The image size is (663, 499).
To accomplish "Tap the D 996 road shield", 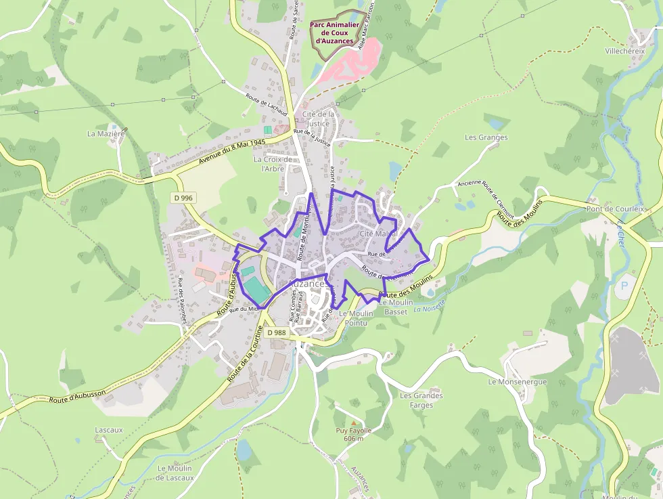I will (x=182, y=198).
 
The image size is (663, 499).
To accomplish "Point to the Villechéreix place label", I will (x=625, y=51).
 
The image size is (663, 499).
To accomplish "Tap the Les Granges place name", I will (x=486, y=137).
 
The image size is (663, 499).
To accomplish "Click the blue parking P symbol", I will (x=623, y=286).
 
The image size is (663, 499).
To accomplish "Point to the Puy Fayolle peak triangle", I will (x=352, y=423).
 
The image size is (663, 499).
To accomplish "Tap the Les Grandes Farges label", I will (x=421, y=400).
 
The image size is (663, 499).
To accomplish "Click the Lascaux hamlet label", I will (x=109, y=430).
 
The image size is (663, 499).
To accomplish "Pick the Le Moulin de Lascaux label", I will (x=174, y=473).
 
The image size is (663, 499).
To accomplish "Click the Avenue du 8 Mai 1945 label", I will (x=231, y=153).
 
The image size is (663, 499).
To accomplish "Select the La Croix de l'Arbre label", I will (x=273, y=164).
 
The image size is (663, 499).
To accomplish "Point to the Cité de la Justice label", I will (x=318, y=118).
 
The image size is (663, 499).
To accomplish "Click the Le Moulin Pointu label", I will (x=356, y=318).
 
